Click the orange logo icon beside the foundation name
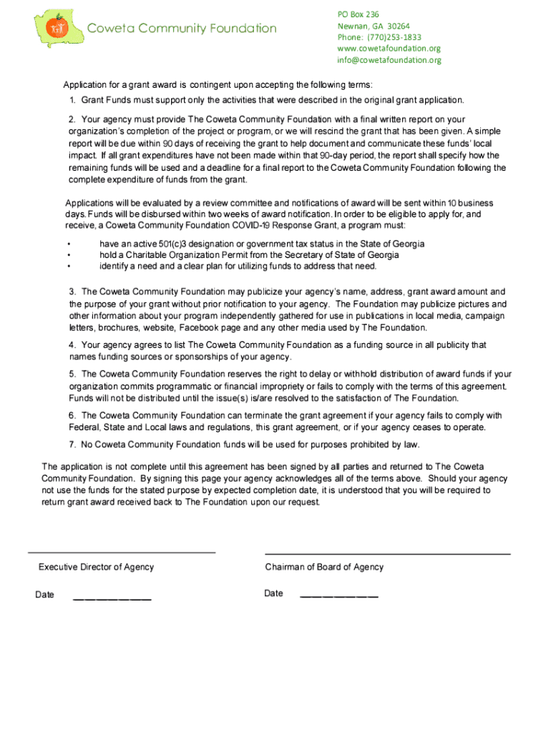coord(56,27)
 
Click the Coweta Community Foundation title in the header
coord(181,29)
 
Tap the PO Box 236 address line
coord(358,14)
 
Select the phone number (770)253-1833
coord(379,37)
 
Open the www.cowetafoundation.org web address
coord(389,49)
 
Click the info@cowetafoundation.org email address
coord(389,60)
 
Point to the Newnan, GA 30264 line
coord(374,26)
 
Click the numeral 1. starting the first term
coord(73,100)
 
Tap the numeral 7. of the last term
coord(73,444)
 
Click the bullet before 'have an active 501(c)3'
coord(69,244)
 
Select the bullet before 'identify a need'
coord(69,267)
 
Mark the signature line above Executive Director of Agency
coord(122,552)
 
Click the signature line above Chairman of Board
coord(387,554)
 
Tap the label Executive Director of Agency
coord(96,567)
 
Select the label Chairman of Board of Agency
coord(324,567)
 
